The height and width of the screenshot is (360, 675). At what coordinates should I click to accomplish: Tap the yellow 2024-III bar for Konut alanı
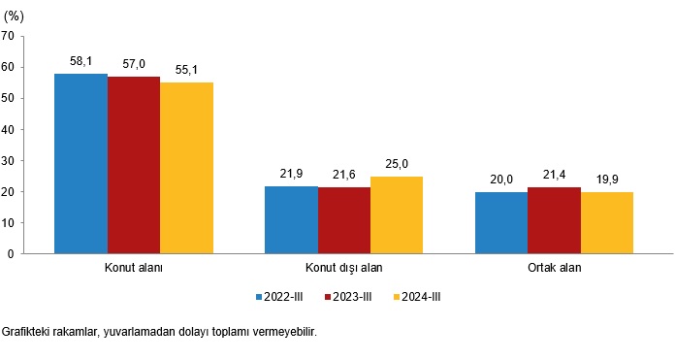pyautogui.click(x=186, y=168)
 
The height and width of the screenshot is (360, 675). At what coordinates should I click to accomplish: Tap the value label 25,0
pyautogui.click(x=397, y=163)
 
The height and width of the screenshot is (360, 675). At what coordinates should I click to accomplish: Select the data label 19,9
pyautogui.click(x=607, y=179)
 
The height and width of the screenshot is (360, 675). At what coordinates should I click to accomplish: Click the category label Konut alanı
pyautogui.click(x=133, y=268)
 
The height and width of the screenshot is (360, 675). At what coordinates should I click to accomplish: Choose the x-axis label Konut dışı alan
pyautogui.click(x=343, y=268)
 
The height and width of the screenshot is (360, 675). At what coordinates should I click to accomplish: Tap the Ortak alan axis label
pyautogui.click(x=554, y=268)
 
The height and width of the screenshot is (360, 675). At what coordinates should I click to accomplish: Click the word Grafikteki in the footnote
pyautogui.click(x=27, y=332)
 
